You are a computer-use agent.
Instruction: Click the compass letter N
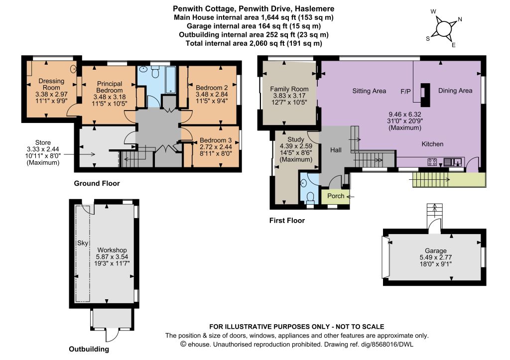tap(460, 19)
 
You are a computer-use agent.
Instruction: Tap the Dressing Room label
tap(51, 84)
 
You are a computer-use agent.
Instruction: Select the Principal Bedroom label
tap(110, 87)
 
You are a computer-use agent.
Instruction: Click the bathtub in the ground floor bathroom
tap(170, 80)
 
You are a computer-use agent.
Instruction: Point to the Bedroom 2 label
tap(212, 88)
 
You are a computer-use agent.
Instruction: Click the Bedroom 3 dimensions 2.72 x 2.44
tap(216, 147)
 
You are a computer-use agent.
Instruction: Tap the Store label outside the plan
tap(43, 142)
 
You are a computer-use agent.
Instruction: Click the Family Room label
tap(289, 89)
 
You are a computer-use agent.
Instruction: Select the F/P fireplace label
tap(405, 92)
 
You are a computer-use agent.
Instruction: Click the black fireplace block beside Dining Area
tap(425, 95)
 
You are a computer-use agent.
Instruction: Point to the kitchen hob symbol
tap(432, 162)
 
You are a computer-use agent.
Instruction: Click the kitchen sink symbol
tap(453, 162)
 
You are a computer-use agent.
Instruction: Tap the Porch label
tap(336, 196)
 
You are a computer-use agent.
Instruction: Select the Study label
tap(296, 139)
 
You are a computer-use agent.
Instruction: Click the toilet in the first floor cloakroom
tap(310, 197)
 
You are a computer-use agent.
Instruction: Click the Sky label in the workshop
tap(83, 243)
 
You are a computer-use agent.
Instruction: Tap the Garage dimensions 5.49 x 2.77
tap(435, 257)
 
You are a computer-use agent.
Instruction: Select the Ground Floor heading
tap(97, 183)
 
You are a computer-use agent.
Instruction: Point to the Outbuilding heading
tap(89, 349)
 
